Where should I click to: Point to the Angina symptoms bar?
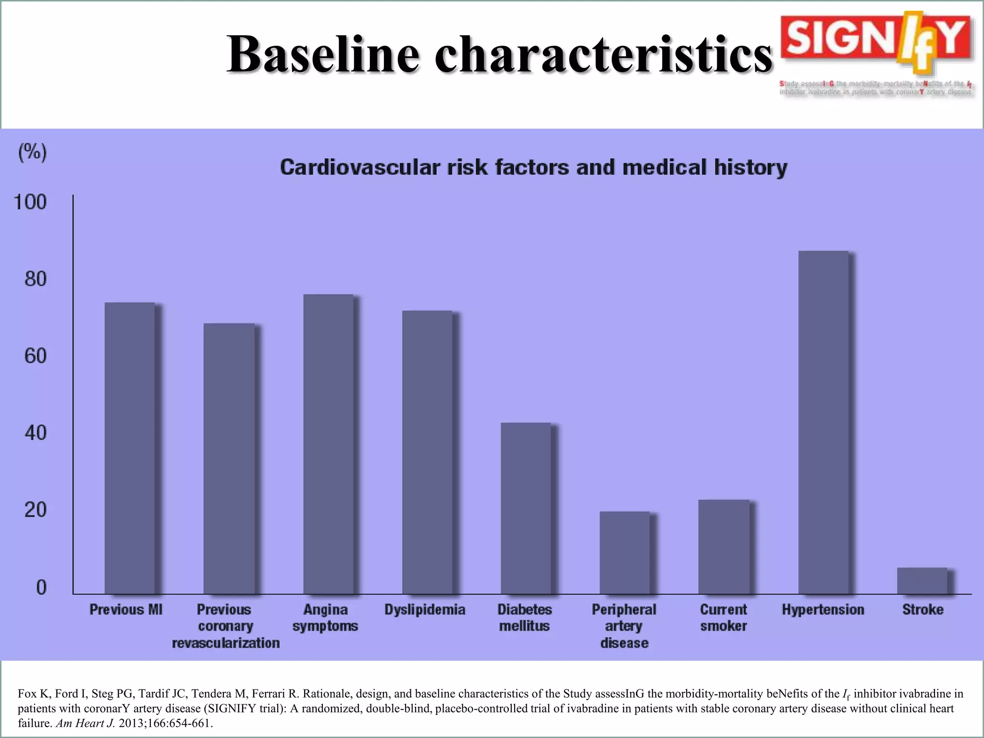click(x=328, y=444)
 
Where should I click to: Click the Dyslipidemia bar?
click(x=427, y=452)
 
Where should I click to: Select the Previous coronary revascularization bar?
click(x=229, y=458)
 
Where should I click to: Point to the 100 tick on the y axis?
click(x=30, y=202)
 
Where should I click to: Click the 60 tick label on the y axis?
click(x=36, y=356)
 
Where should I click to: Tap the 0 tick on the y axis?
click(x=42, y=587)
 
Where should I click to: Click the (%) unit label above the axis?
click(x=33, y=152)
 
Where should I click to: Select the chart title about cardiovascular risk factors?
click(x=533, y=168)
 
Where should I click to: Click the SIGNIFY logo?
click(x=876, y=46)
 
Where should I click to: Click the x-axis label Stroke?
click(x=922, y=610)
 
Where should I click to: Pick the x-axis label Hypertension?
click(x=823, y=610)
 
